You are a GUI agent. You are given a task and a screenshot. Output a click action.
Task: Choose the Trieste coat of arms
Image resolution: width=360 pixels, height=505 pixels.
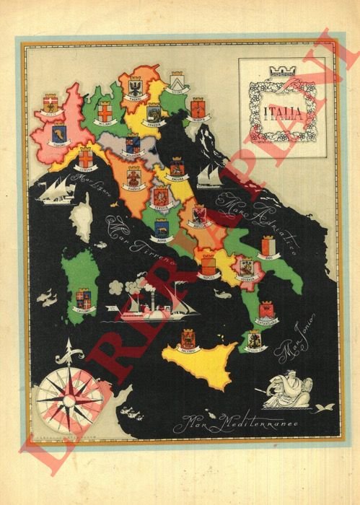197,108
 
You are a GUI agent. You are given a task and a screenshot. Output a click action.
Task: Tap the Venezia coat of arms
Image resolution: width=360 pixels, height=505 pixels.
154,113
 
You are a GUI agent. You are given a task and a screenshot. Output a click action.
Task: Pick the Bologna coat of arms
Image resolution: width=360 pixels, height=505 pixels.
133,144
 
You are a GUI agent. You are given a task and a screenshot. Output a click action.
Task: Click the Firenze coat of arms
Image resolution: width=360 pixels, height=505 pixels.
134,176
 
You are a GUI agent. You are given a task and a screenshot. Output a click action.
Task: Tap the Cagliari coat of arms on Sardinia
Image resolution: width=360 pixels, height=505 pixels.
85,300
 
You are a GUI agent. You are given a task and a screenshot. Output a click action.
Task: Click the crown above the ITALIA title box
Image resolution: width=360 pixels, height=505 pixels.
277,70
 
